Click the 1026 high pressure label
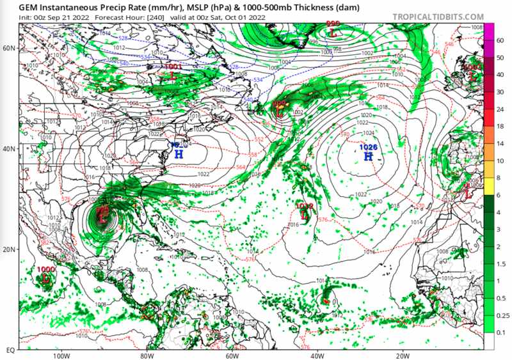(369, 147)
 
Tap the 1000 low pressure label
(46, 270)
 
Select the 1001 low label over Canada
(173, 67)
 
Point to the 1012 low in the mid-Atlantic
(305, 206)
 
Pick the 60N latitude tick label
(9, 48)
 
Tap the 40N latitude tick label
(9, 148)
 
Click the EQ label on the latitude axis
(10, 350)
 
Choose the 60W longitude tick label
(232, 356)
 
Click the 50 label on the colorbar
(499, 58)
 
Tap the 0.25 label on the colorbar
(502, 315)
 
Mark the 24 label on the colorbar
(499, 109)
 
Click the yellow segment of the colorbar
(488, 178)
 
